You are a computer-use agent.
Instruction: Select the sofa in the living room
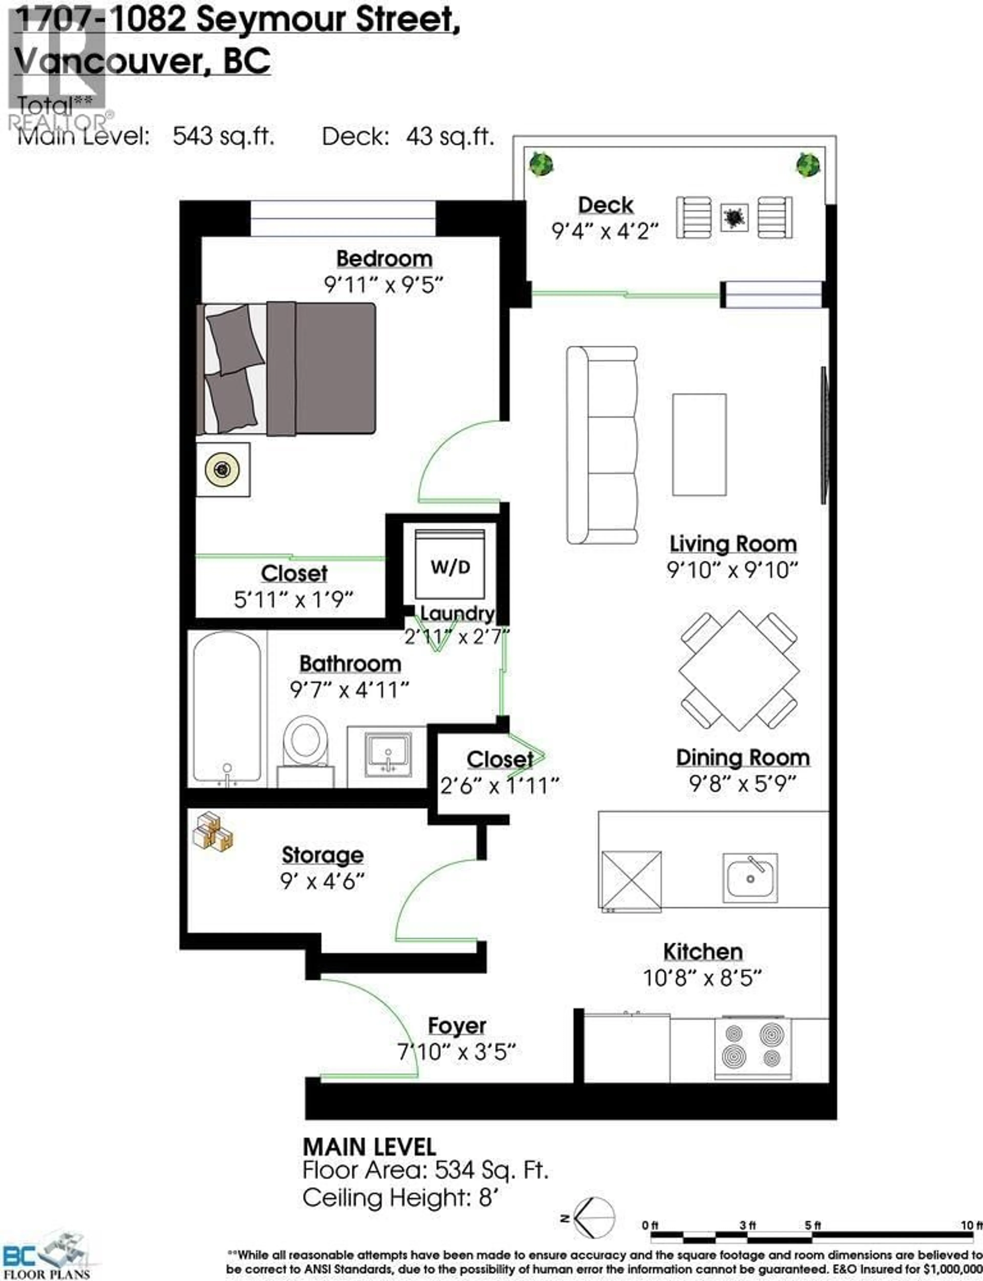point(602,445)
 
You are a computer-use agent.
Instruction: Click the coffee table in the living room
point(699,445)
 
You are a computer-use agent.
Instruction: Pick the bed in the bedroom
point(287,369)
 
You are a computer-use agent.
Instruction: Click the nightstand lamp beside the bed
point(222,470)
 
